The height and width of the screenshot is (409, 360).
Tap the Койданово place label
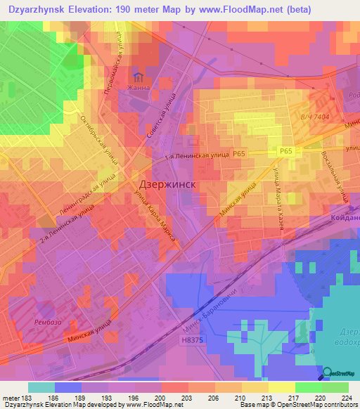(344, 219)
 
